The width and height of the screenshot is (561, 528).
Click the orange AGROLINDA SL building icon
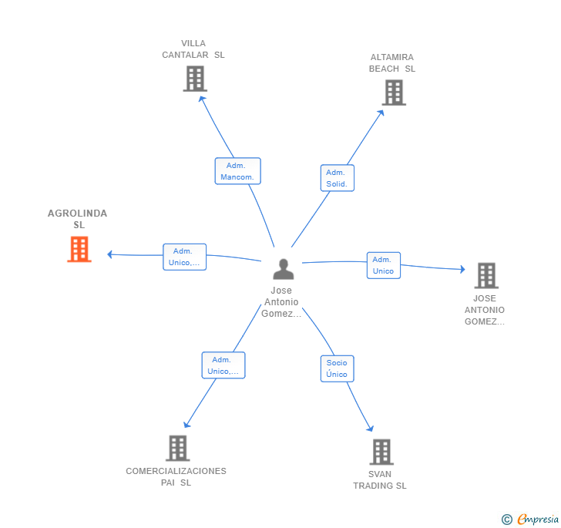click(x=79, y=249)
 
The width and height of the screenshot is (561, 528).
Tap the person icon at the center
click(x=284, y=269)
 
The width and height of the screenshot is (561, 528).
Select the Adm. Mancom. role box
click(x=237, y=171)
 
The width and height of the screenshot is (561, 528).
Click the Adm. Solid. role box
click(x=337, y=178)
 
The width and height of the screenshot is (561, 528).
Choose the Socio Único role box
click(x=337, y=368)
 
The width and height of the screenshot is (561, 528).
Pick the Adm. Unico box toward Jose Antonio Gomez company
click(x=384, y=265)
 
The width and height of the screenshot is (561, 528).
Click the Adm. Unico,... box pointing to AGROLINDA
click(x=185, y=257)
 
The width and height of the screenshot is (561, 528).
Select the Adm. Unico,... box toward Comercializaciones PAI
click(x=223, y=365)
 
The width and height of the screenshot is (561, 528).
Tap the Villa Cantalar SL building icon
click(x=195, y=79)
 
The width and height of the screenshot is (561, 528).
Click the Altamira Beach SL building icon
click(x=394, y=92)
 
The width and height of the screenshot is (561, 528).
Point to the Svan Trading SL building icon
click(x=381, y=452)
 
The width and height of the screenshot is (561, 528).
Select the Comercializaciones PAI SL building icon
click(x=178, y=448)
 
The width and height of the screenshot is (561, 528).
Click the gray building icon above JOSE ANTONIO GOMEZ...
click(x=486, y=276)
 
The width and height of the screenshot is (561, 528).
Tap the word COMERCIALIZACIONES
click(x=176, y=471)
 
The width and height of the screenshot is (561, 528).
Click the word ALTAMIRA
click(x=392, y=57)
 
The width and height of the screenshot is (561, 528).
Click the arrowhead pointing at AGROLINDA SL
click(x=110, y=254)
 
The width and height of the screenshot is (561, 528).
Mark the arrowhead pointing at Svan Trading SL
click(x=371, y=428)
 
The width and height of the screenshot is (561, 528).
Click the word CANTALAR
click(x=185, y=55)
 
